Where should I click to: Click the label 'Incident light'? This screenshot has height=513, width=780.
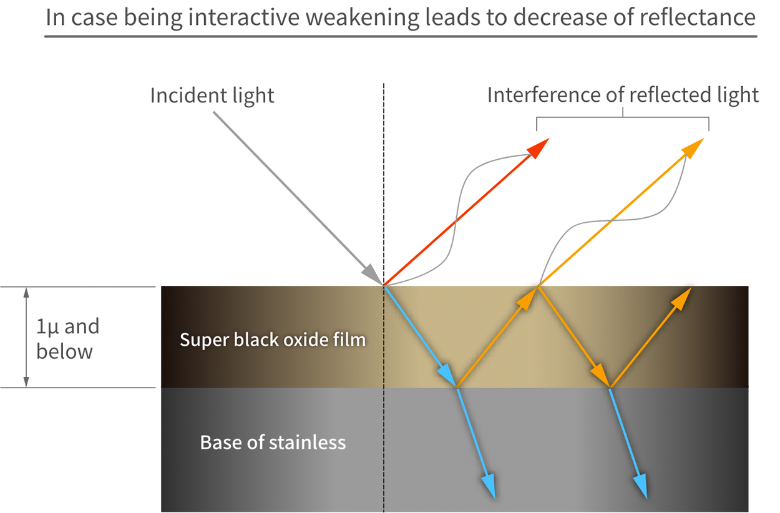point(212,95)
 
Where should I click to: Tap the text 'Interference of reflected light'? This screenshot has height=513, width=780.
point(622,95)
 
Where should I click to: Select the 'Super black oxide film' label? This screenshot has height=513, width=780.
point(273,340)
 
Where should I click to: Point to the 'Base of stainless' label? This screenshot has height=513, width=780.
point(273,442)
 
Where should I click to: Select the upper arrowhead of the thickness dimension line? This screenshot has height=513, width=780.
point(26,293)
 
